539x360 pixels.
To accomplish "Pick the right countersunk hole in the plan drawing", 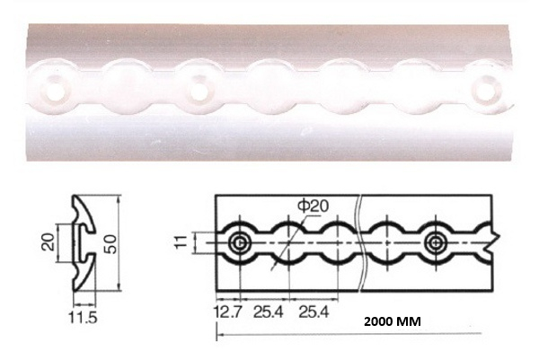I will [437, 243].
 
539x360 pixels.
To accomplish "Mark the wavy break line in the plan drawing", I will [361, 242].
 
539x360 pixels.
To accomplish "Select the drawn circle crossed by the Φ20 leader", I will [289, 243].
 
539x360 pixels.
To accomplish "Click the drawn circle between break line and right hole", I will [387, 243].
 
